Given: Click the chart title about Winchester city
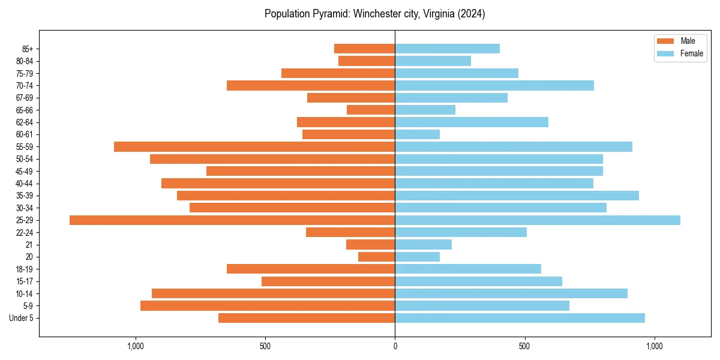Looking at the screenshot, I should click(374, 14).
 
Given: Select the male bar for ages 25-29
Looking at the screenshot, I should click(232, 220).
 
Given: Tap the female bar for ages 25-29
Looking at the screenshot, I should click(538, 220).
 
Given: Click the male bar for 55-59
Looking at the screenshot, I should click(254, 147).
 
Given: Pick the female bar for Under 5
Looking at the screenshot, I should click(520, 318).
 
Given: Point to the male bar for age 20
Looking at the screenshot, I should click(377, 257).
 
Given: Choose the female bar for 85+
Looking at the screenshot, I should click(447, 49).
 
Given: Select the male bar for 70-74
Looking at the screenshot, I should click(311, 86).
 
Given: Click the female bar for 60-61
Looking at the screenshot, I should click(417, 134).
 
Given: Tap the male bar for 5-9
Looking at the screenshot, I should click(268, 306).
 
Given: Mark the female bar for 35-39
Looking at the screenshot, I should click(517, 196).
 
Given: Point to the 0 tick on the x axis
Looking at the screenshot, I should click(395, 346).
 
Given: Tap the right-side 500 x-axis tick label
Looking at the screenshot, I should click(524, 346).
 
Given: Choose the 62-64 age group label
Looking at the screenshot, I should click(24, 122).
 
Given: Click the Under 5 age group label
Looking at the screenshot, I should click(21, 318).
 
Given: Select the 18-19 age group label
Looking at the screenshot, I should click(24, 269).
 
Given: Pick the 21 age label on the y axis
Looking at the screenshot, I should click(29, 245).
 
